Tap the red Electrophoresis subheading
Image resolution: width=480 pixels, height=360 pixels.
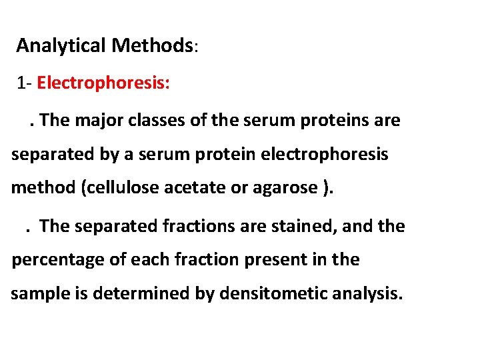coord(104,83)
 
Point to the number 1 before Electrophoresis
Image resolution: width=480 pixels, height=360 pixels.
coord(23,83)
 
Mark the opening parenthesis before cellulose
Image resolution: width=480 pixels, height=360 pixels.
coord(83,189)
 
